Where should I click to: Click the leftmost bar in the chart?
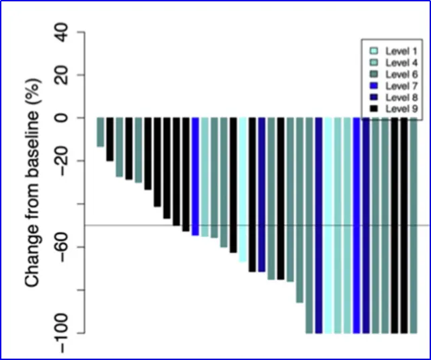click(100, 132)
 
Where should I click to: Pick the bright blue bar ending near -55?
click(195, 176)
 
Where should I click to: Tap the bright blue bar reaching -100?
click(357, 225)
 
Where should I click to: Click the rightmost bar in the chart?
click(414, 225)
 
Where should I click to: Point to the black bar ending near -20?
click(110, 139)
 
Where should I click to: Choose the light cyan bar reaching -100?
click(328, 225)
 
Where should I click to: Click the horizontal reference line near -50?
click(269, 225)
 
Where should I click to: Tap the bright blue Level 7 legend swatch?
click(373, 85)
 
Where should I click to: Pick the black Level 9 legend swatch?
click(373, 108)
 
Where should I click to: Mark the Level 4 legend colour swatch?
click(373, 63)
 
